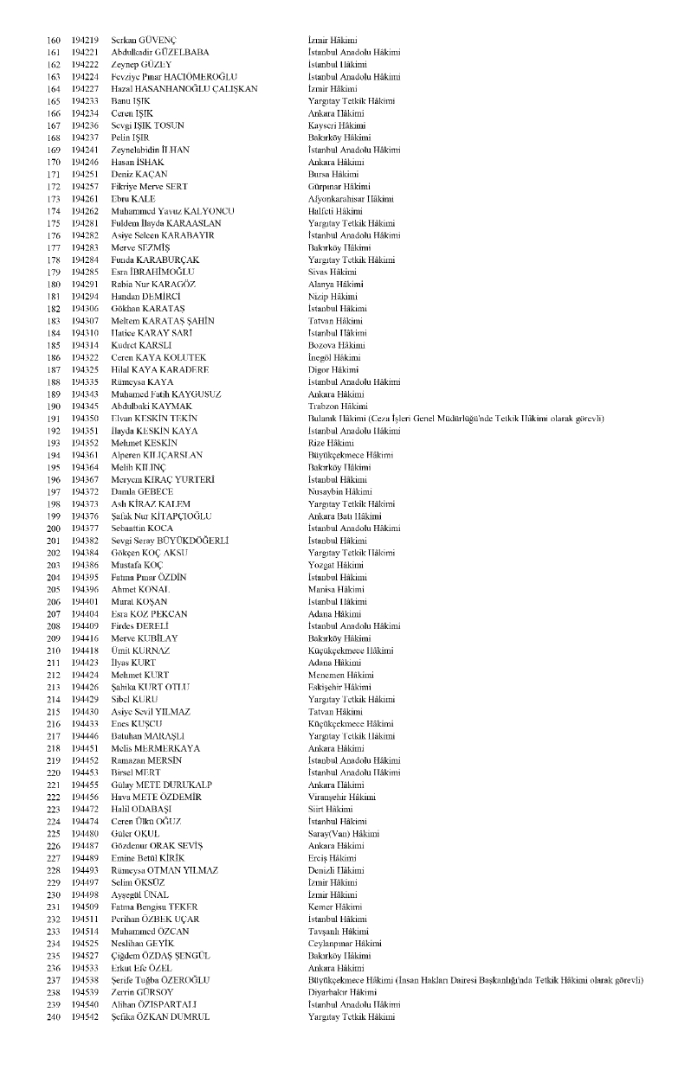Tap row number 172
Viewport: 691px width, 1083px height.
tap(53, 187)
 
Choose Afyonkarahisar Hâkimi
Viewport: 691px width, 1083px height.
tap(351, 199)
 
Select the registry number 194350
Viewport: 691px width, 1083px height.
tap(85, 419)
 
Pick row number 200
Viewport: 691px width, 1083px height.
tap(53, 529)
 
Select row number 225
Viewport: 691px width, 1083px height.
tap(53, 833)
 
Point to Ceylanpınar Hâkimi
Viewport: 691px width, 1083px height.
tap(345, 943)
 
